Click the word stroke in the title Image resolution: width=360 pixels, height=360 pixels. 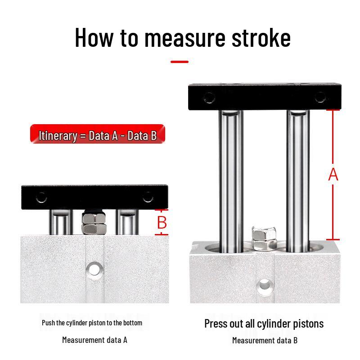tap(261, 38)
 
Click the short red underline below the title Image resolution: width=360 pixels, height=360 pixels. tap(180, 62)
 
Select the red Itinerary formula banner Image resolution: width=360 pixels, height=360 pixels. tap(98, 134)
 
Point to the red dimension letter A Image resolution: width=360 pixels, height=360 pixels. tap(333, 175)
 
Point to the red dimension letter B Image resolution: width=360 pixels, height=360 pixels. tap(162, 222)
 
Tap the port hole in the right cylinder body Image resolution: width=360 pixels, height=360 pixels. tap(265, 286)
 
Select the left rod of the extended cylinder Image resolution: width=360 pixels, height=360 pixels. tap(231, 181)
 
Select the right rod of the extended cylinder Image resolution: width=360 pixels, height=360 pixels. tap(298, 181)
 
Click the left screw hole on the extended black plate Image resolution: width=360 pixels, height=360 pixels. tap(209, 98)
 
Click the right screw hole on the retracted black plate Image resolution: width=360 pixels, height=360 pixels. tap(148, 197)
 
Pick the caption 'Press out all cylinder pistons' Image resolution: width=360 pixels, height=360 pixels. tap(264, 324)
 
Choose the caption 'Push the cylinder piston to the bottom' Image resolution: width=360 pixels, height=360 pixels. tap(92, 323)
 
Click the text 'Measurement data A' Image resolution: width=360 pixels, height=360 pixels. tap(94, 340)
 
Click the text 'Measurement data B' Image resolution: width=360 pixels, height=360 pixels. tap(265, 340)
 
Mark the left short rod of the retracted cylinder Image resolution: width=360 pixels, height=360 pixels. tap(61, 222)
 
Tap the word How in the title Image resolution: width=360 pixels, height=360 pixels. tap(94, 38)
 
